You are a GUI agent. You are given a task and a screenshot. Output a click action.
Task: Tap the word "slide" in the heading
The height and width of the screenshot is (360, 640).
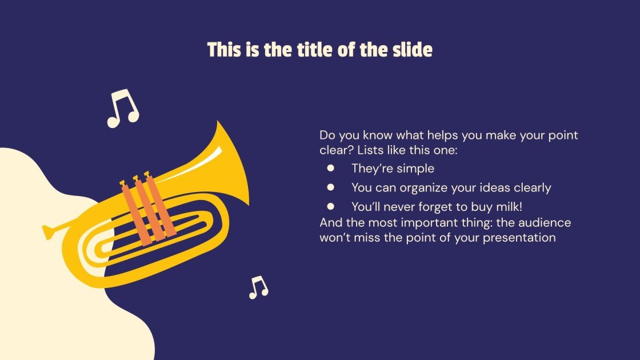[411, 50]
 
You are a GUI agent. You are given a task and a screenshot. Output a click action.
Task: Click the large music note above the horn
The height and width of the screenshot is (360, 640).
[123, 108]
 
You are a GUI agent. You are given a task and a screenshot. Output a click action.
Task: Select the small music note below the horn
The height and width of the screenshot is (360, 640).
[258, 287]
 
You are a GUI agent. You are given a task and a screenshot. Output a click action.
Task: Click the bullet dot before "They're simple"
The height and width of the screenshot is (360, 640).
[330, 168]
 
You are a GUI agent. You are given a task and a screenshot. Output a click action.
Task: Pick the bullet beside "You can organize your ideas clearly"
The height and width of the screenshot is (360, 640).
[330, 187]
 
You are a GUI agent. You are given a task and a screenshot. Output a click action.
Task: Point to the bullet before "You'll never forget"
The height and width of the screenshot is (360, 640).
[330, 206]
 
